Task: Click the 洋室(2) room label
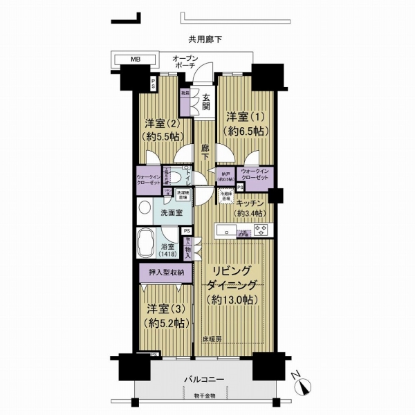[163, 129]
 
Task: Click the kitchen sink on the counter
[228, 231]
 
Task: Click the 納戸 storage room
[225, 177]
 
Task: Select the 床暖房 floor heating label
[212, 340]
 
